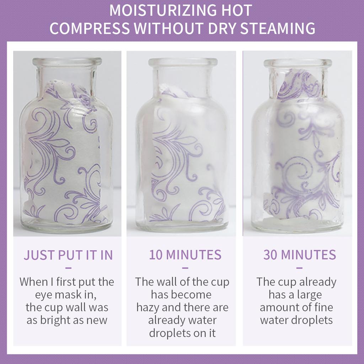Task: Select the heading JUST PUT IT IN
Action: pos(68,255)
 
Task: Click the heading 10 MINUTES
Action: pos(185,255)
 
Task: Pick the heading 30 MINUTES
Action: pos(300,255)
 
